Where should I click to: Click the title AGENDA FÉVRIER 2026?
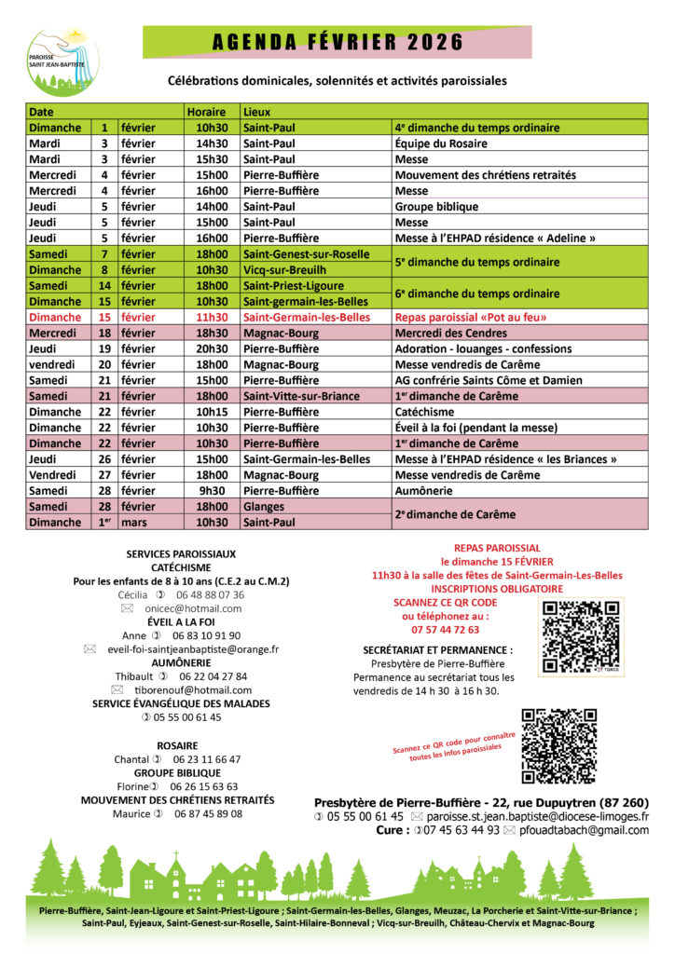[337, 42]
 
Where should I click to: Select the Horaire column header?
[205, 111]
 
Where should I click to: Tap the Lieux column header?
[256, 111]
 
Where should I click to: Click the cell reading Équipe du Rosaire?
[441, 143]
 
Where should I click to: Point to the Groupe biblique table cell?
[436, 206]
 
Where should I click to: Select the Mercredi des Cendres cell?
[447, 333]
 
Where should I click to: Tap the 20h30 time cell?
[211, 348]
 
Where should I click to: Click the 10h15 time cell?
[211, 412]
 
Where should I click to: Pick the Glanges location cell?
[265, 507]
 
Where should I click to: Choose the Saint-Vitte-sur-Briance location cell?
[301, 396]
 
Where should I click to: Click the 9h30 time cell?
[214, 491]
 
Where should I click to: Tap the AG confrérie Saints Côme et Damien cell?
[489, 380]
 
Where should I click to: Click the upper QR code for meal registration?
[581, 637]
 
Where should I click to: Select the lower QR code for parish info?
[559, 745]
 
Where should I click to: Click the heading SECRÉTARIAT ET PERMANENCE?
[438, 649]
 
